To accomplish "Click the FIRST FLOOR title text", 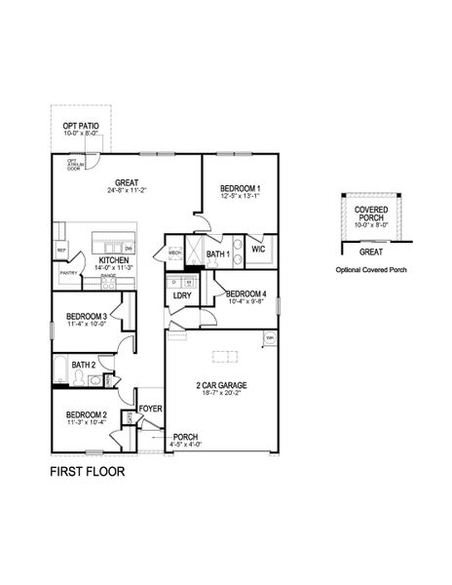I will pos(87,472).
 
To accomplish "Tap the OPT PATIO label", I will pos(83,126).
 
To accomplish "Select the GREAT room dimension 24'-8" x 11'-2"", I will pos(127,192).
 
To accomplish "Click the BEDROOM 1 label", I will pos(240,187).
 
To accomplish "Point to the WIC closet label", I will pos(258,250).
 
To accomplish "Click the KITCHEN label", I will pos(113,260).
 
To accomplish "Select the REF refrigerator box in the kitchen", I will pos(60,252).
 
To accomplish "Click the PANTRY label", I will pos(68,274).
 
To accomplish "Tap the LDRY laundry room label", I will pos(181,294).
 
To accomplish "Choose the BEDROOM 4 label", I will pos(245,293).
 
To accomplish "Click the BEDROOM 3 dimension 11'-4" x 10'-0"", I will pos(86,324).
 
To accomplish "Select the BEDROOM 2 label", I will pos(86,414).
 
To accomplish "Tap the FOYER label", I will pos(150,409).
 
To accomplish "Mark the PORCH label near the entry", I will pos(185,437).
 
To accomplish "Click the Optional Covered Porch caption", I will pos(370,269).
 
